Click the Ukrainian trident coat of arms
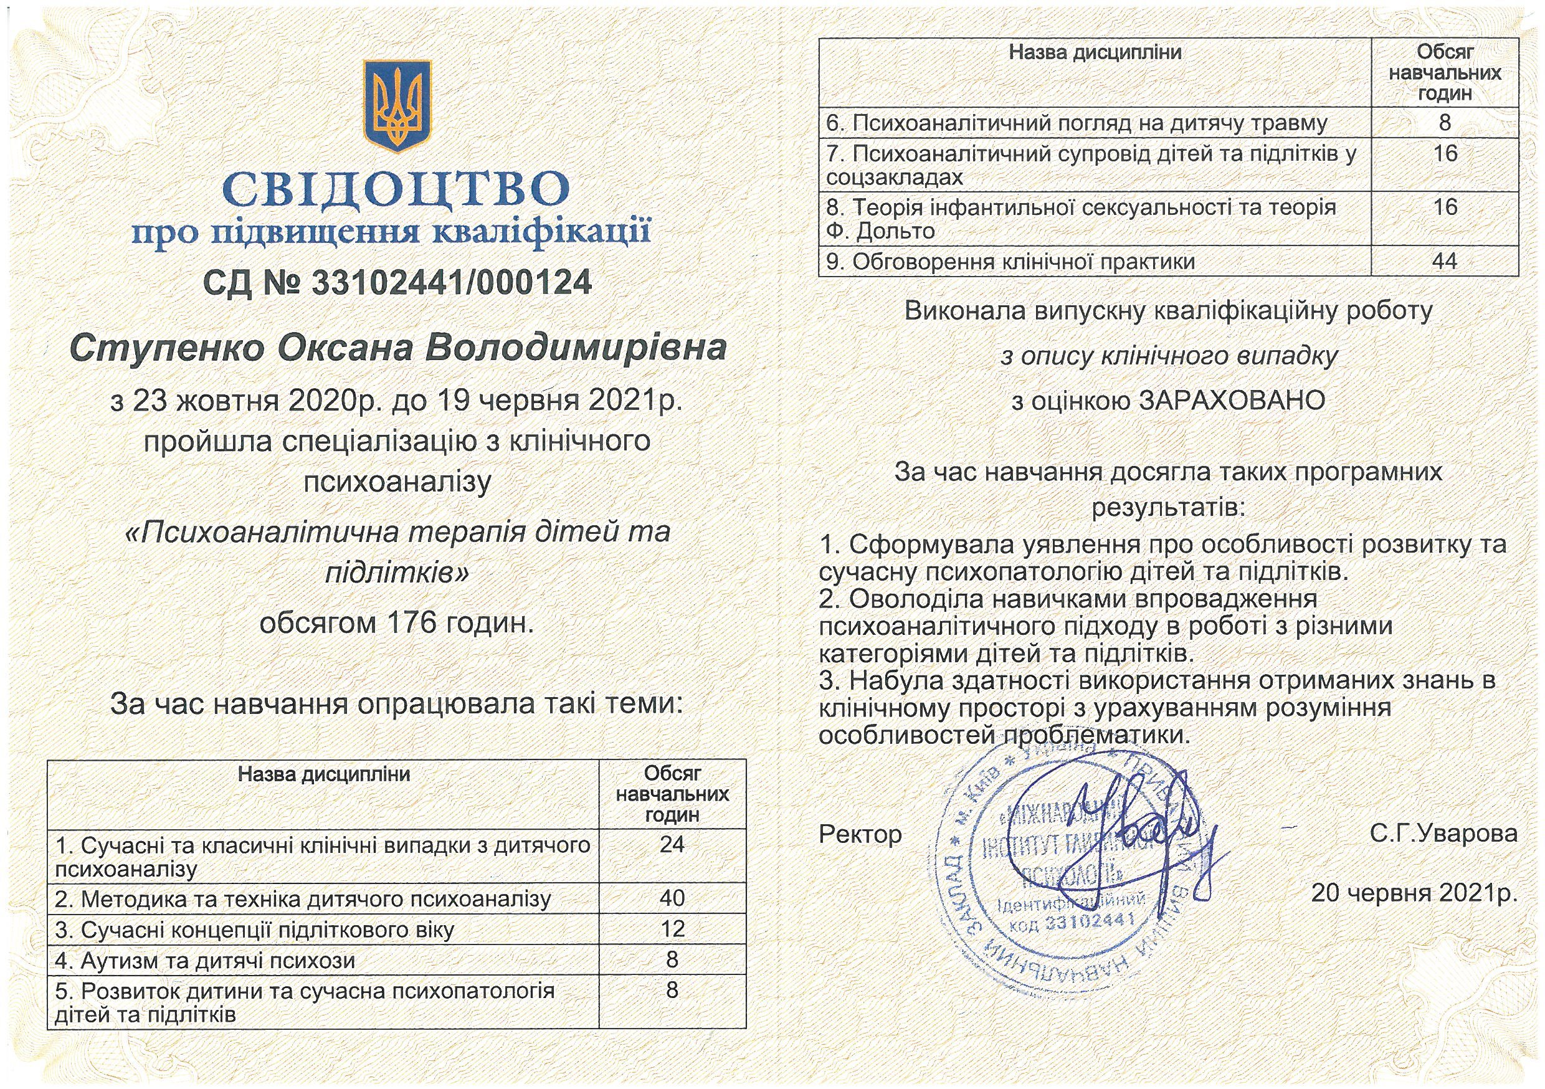397,106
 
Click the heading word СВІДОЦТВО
397,190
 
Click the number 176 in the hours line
412,623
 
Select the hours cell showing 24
672,844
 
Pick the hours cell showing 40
672,898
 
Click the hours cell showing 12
672,929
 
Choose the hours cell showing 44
1445,261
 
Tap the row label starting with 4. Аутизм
205,961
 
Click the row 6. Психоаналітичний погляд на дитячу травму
1077,123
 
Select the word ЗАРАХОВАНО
1232,401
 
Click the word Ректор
860,835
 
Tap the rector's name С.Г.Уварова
1443,833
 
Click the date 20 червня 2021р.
1414,893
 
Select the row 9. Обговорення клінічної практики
1009,262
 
